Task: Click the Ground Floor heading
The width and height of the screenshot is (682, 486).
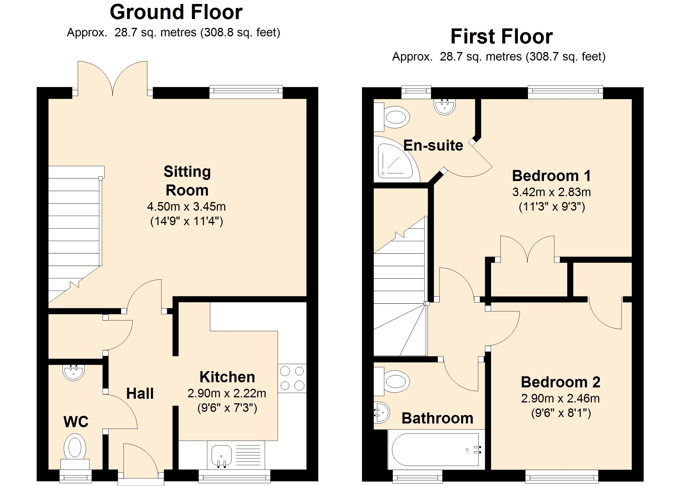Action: pos(176,12)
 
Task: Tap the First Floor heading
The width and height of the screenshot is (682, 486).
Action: pos(502,36)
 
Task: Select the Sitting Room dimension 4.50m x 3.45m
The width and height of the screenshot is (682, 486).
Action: pos(186,207)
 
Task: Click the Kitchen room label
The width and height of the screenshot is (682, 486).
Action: pos(227,377)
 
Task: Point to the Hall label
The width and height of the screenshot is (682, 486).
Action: pos(140,393)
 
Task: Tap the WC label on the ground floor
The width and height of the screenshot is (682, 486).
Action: pos(76,422)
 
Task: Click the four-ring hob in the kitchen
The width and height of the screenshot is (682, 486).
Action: pos(292,378)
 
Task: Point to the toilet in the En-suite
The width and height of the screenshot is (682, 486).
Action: pos(392,117)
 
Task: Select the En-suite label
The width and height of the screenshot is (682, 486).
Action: pos(433,146)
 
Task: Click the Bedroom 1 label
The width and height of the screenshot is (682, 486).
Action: pos(552,176)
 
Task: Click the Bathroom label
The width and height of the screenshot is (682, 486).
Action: pos(437,418)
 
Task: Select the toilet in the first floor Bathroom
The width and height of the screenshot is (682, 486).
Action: pos(392,382)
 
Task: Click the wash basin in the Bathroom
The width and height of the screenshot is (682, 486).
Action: pos(382,412)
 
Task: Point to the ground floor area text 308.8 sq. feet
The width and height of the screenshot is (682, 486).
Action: pos(240,32)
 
